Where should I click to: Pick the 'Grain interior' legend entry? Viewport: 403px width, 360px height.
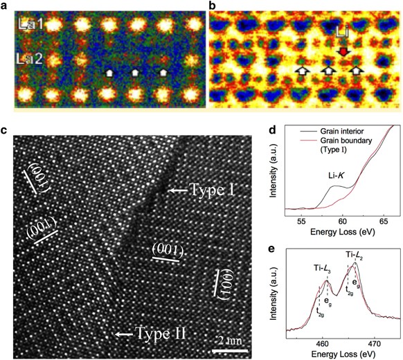346,132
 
